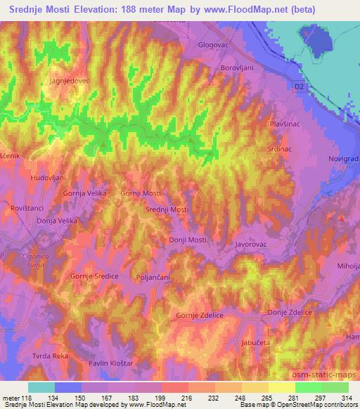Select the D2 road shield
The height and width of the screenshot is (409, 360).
click(x=300, y=85)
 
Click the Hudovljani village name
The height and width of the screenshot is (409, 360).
click(x=47, y=178)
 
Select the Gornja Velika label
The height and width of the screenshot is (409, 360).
click(x=85, y=193)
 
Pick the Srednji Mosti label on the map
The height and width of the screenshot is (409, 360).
click(x=167, y=210)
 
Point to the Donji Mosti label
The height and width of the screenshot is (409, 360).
click(x=188, y=240)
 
